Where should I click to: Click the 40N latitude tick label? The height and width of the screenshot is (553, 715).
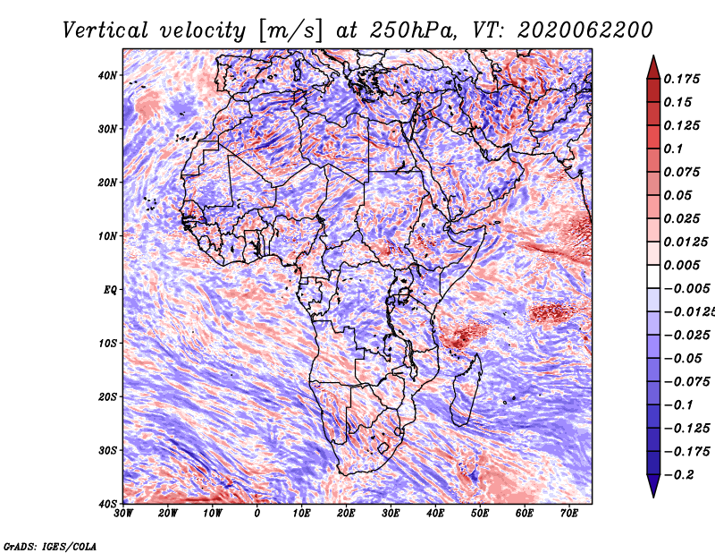coord(107,75)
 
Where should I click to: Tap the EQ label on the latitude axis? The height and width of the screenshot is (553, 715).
coord(110,290)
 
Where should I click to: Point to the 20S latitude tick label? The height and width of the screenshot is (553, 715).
coord(107,396)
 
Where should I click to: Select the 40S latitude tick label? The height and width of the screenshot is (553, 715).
coord(107,504)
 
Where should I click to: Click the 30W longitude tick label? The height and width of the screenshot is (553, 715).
coord(123,514)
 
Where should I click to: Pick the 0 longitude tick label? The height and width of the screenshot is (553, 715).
coord(257,514)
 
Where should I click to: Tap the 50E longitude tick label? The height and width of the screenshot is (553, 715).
coord(480,514)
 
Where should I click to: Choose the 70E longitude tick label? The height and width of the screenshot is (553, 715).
coord(569,514)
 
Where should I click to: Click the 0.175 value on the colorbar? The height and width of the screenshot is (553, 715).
coord(681,79)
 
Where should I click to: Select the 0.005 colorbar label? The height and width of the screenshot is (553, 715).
coord(681,265)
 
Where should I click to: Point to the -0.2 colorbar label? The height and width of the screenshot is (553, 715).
coord(678,475)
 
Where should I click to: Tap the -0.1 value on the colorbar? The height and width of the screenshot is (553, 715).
coord(678,405)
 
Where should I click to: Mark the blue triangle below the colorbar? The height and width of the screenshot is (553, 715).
coord(653,484)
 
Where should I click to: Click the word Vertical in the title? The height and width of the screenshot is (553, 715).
coord(105,30)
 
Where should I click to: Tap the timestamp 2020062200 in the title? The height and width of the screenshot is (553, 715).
coord(585,30)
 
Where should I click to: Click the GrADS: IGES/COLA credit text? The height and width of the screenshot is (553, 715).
coord(50,546)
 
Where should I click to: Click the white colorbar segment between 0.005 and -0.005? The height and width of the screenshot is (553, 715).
coord(653,276)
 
